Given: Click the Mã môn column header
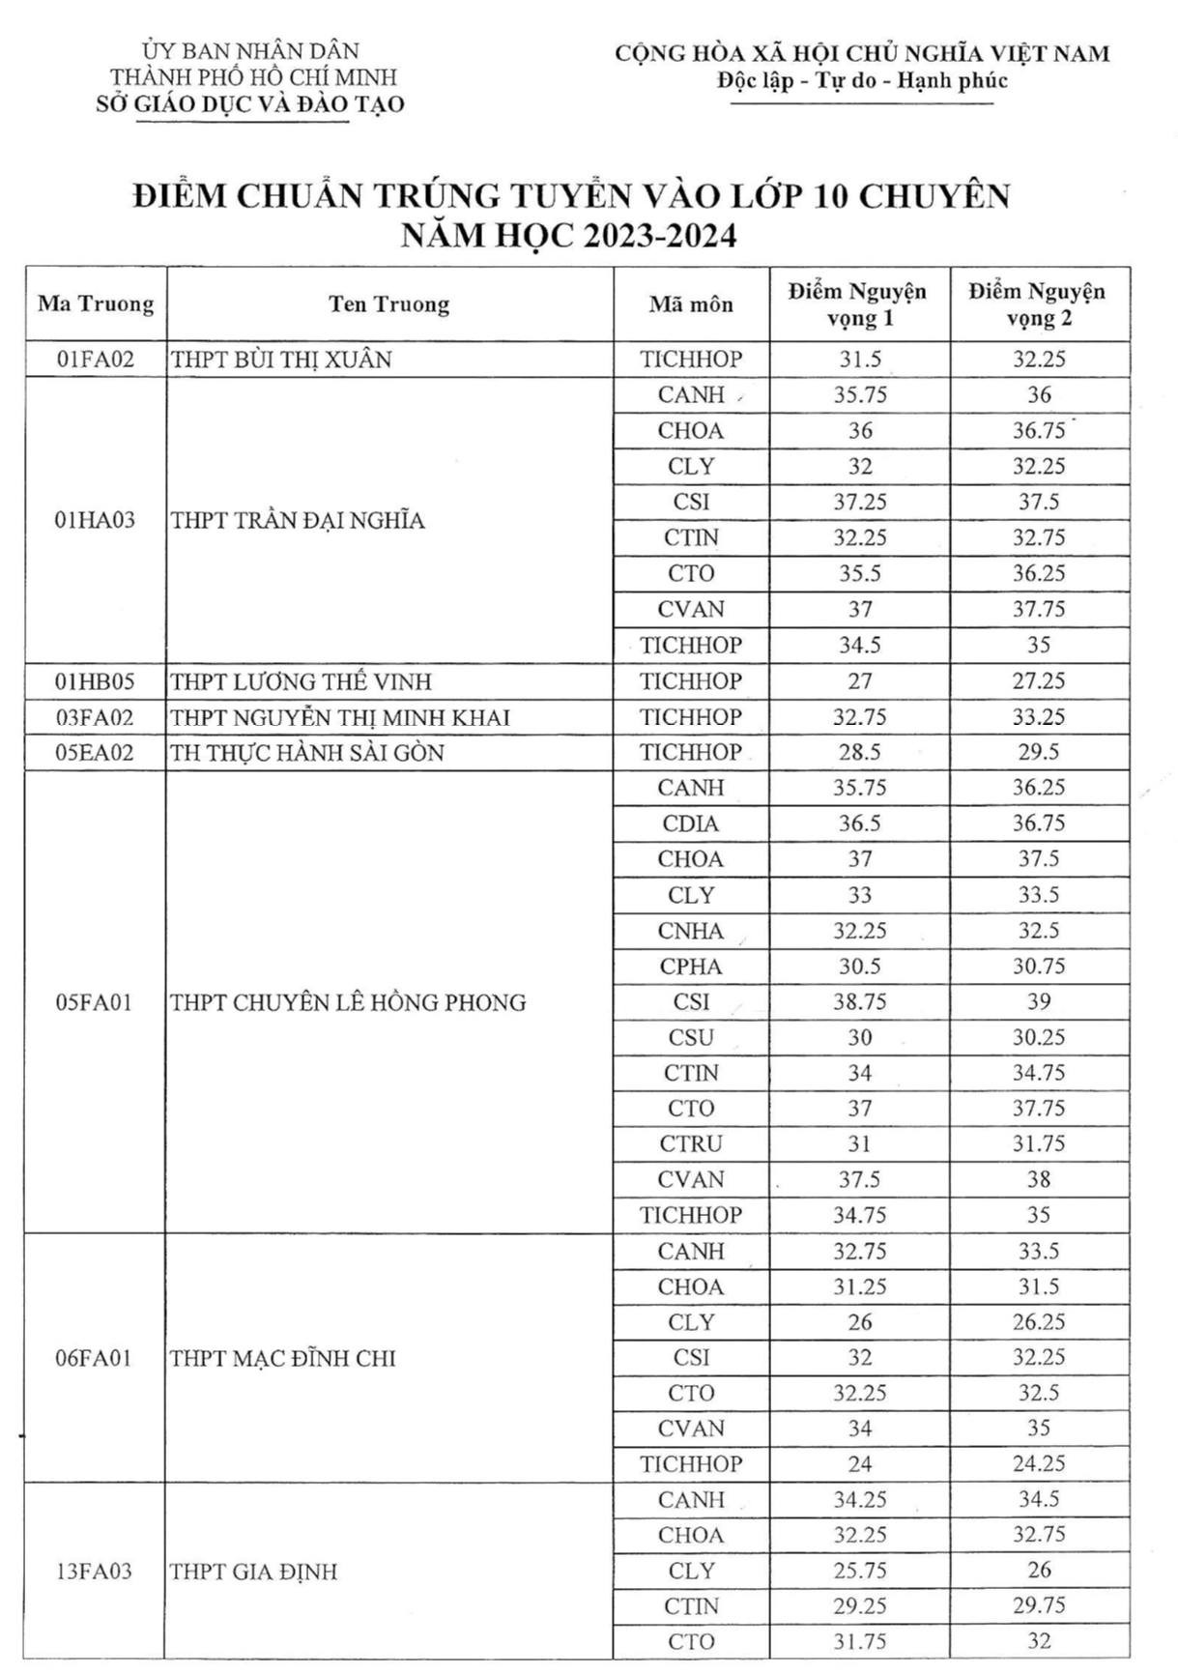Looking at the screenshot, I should click(691, 304).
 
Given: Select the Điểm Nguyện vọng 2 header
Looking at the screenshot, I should click(1038, 304).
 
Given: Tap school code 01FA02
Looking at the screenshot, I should click(95, 360).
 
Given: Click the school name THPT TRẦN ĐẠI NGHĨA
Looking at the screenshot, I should click(298, 521).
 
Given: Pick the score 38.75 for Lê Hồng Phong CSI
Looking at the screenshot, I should click(859, 1002).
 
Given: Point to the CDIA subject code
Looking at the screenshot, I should click(691, 823).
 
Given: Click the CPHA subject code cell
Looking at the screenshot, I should click(691, 967).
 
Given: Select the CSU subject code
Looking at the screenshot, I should click(691, 1038).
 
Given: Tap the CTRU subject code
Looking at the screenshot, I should click(691, 1144).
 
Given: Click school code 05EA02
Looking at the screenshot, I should click(95, 753).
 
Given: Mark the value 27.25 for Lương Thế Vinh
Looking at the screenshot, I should click(1038, 681).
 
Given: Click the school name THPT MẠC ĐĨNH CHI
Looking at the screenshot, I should click(283, 1359).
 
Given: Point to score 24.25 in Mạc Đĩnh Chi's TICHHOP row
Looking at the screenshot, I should click(1038, 1464).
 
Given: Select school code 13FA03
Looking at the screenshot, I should click(94, 1572).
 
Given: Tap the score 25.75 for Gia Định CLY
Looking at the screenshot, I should click(859, 1572).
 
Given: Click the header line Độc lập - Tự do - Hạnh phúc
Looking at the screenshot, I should click(861, 81).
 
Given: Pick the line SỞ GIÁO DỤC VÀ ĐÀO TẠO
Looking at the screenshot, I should click(250, 104).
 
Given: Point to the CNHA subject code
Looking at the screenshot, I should click(691, 931).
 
